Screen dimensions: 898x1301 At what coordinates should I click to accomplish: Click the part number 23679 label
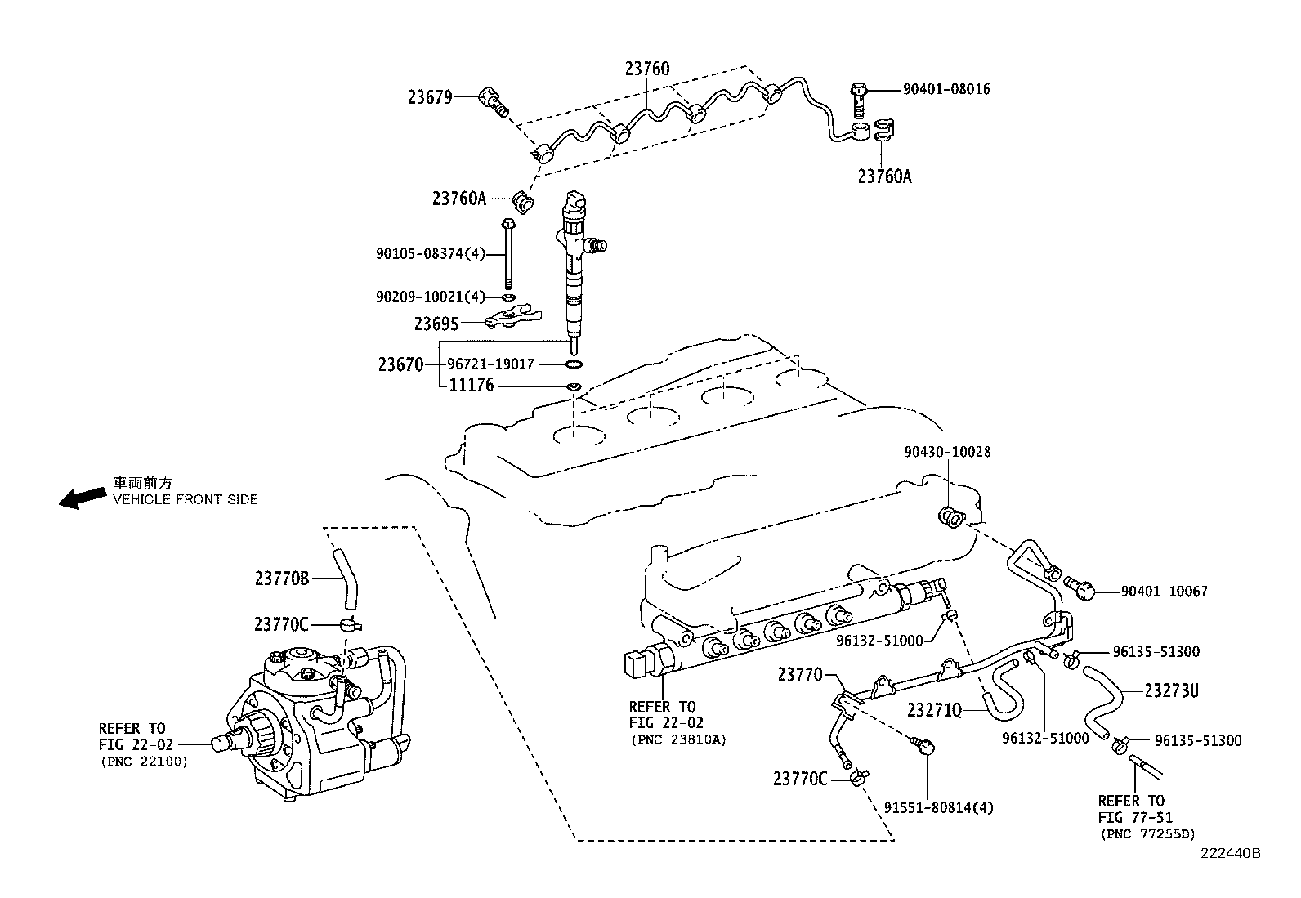430,97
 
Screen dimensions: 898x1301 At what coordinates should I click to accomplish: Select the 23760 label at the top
647,69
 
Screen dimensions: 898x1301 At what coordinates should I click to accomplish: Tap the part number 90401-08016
946,89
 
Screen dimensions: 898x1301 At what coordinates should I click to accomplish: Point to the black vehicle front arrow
83,498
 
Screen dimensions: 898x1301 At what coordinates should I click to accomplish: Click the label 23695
436,324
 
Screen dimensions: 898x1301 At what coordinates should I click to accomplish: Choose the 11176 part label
472,386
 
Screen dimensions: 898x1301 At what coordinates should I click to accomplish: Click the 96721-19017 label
490,364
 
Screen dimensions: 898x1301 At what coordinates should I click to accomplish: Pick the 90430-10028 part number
947,452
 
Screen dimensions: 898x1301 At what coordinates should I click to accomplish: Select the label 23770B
282,579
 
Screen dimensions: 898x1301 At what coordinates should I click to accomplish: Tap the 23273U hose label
1171,691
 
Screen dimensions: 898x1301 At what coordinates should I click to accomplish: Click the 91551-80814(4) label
939,809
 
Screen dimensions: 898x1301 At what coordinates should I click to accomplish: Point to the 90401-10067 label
1164,591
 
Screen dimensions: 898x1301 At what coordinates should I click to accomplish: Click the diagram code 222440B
1230,854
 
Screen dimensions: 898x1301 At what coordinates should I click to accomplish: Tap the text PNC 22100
145,762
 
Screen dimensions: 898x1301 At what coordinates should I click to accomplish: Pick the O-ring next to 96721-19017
574,364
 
